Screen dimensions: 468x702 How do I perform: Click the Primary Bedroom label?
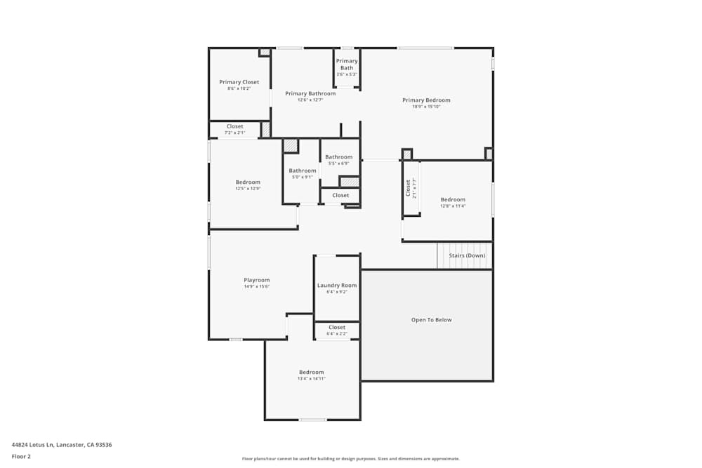pyautogui.click(x=426, y=100)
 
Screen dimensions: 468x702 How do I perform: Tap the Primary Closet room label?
pyautogui.click(x=239, y=82)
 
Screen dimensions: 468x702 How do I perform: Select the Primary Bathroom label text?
pyautogui.click(x=310, y=93)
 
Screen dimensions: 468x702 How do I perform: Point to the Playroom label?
pyautogui.click(x=256, y=280)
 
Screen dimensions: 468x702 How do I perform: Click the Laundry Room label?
pyautogui.click(x=337, y=286)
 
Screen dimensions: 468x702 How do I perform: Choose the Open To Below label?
pyautogui.click(x=431, y=320)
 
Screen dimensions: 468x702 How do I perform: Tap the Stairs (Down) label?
pyautogui.click(x=467, y=255)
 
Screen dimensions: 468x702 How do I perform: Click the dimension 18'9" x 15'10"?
pyautogui.click(x=426, y=107)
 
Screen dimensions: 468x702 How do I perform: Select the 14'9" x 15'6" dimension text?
pyautogui.click(x=256, y=287)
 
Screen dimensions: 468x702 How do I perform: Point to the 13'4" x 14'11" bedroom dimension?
pyautogui.click(x=312, y=379)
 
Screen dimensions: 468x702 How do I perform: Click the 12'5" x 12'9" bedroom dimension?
pyautogui.click(x=248, y=189)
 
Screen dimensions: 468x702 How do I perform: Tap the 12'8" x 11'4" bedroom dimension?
pyautogui.click(x=453, y=206)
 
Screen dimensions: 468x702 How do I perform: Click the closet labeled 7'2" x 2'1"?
pyautogui.click(x=234, y=130)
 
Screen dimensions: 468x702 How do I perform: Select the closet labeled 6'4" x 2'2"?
pyautogui.click(x=337, y=330)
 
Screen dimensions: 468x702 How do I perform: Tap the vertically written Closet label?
pyautogui.click(x=408, y=188)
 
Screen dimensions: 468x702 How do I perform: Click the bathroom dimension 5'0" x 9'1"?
pyautogui.click(x=303, y=177)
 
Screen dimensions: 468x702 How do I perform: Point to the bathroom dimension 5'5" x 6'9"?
pyautogui.click(x=338, y=163)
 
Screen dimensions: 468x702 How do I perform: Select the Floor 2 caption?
pyautogui.click(x=21, y=456)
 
